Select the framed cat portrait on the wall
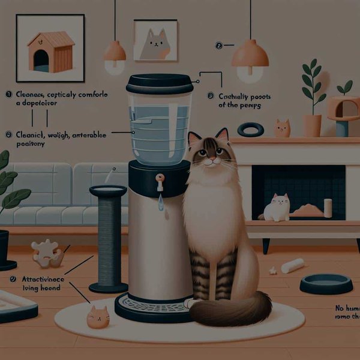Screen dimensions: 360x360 [x=155, y=40]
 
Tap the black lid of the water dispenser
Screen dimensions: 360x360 [x=160, y=82]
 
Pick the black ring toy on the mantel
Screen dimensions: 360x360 [x=250, y=130]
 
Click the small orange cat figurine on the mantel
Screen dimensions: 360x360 [x=282, y=128]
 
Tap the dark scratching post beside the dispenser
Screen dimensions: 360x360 [x=108, y=240]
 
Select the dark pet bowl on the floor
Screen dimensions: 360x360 [x=326, y=283]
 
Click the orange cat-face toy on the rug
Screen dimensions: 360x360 [x=98, y=316]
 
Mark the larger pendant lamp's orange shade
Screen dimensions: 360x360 [x=250, y=55]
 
